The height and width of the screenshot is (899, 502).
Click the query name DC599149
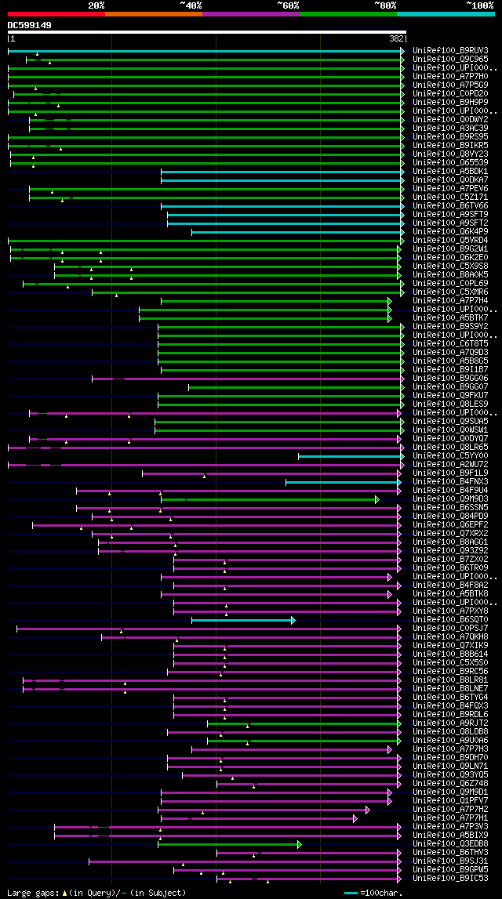pos(30,25)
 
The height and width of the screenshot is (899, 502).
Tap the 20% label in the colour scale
pos(96,5)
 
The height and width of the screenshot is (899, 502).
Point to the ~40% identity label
pos(191,5)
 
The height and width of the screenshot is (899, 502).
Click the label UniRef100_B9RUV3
pos(450,51)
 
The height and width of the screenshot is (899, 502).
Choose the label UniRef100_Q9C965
pos(450,60)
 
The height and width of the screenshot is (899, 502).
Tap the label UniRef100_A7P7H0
pos(450,77)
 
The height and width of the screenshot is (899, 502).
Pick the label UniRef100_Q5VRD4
pos(450,241)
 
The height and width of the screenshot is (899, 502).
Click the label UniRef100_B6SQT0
pos(450,620)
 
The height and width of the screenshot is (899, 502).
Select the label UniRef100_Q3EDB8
pos(450,844)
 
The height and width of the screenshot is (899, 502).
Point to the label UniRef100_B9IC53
pos(450,879)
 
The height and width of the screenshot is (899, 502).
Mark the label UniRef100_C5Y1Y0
pos(450,456)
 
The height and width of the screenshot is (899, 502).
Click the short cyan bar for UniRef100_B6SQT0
pos(242,620)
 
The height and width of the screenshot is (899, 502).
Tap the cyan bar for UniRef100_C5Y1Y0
pos(349,456)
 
